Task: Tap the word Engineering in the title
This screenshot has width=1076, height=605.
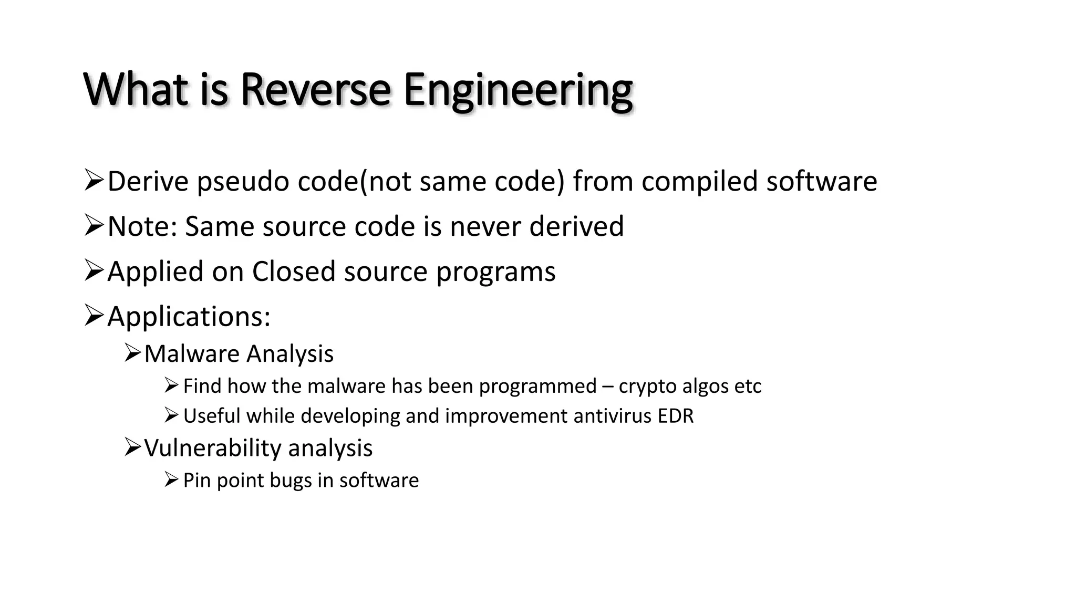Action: pos(518,90)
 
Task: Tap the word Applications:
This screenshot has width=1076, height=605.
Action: pos(189,317)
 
